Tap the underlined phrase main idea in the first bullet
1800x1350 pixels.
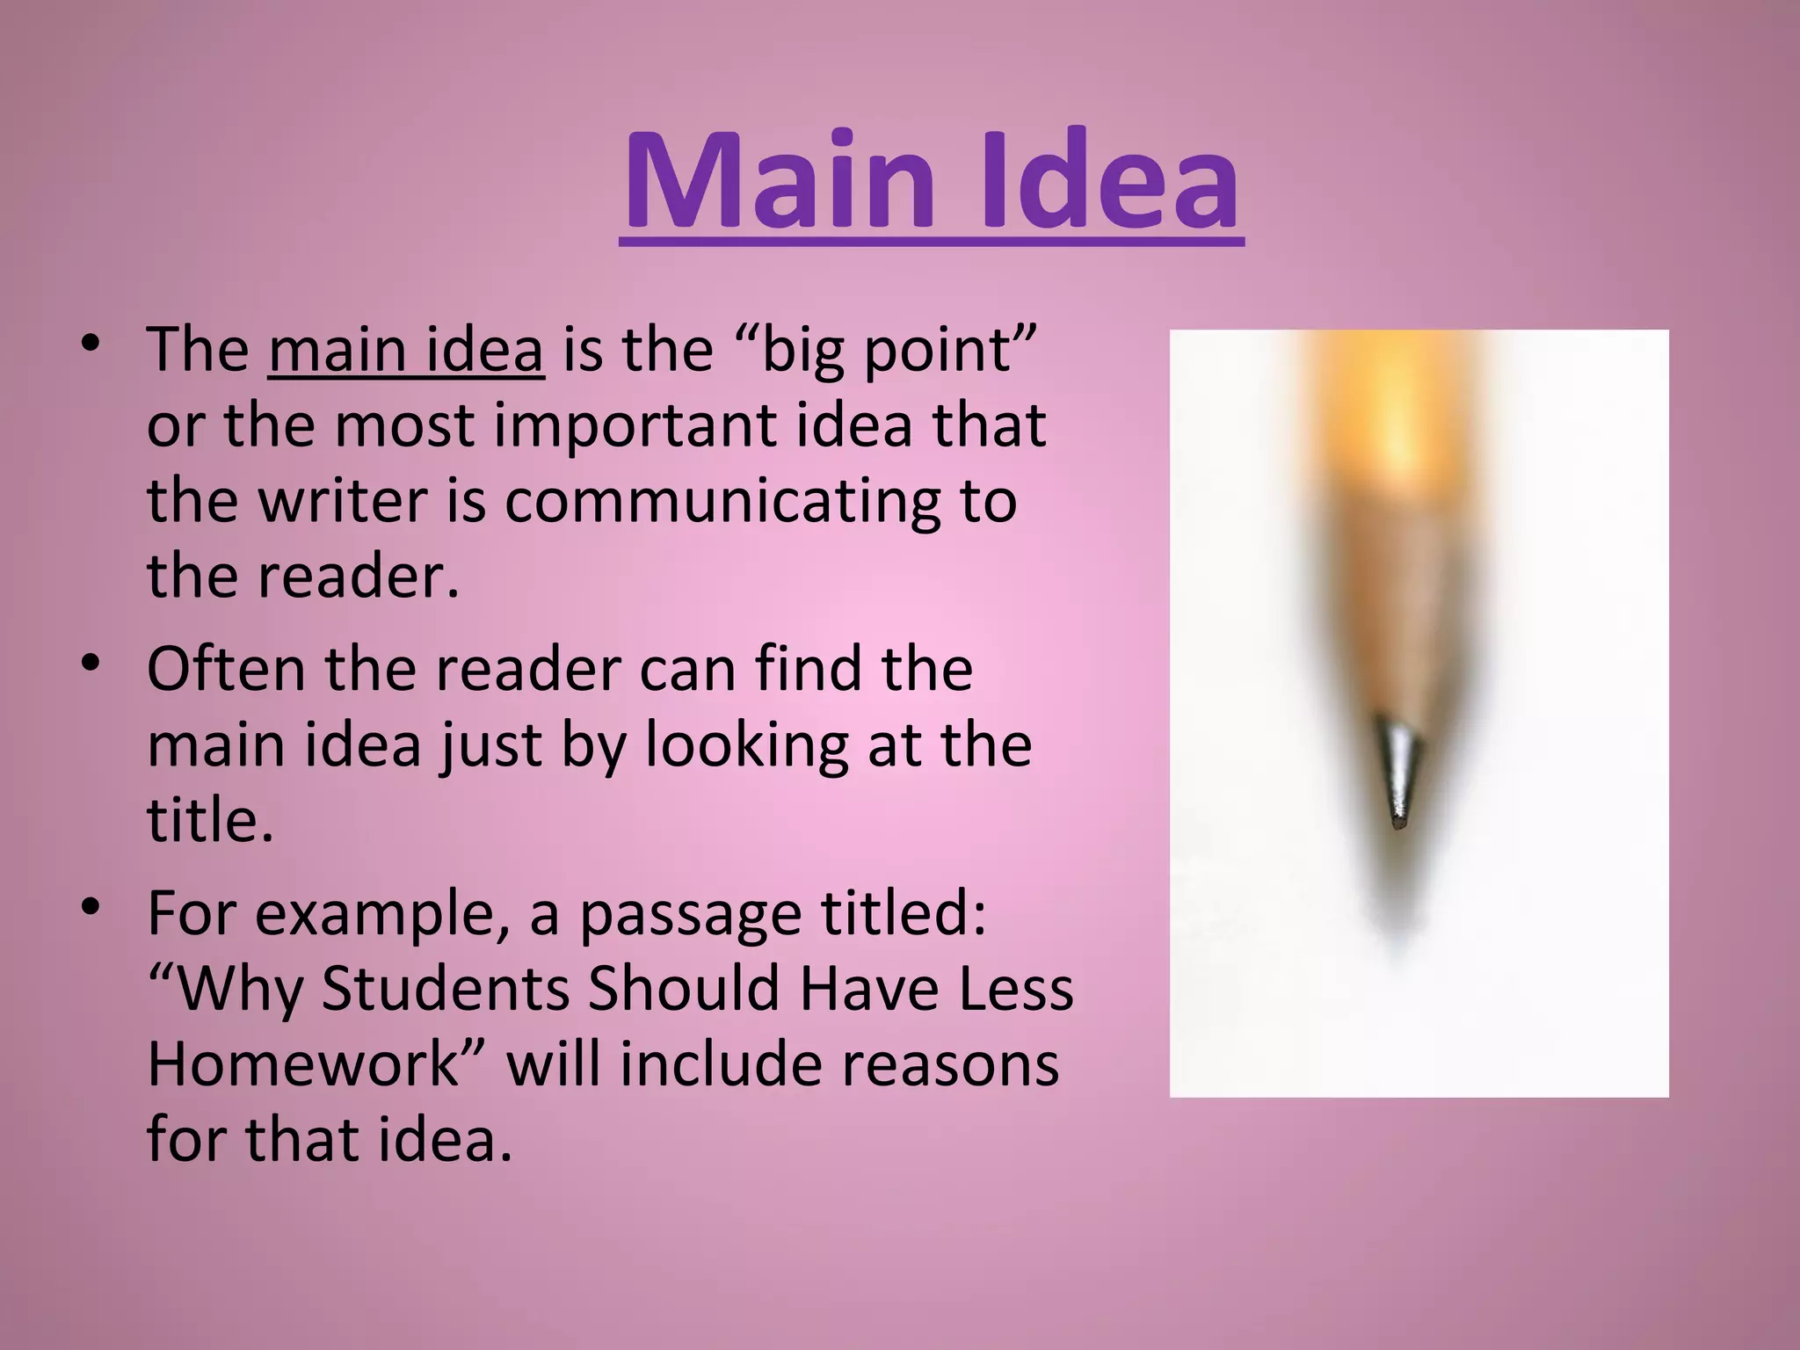point(406,350)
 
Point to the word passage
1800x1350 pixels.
point(690,915)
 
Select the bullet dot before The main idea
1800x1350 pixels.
point(91,345)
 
